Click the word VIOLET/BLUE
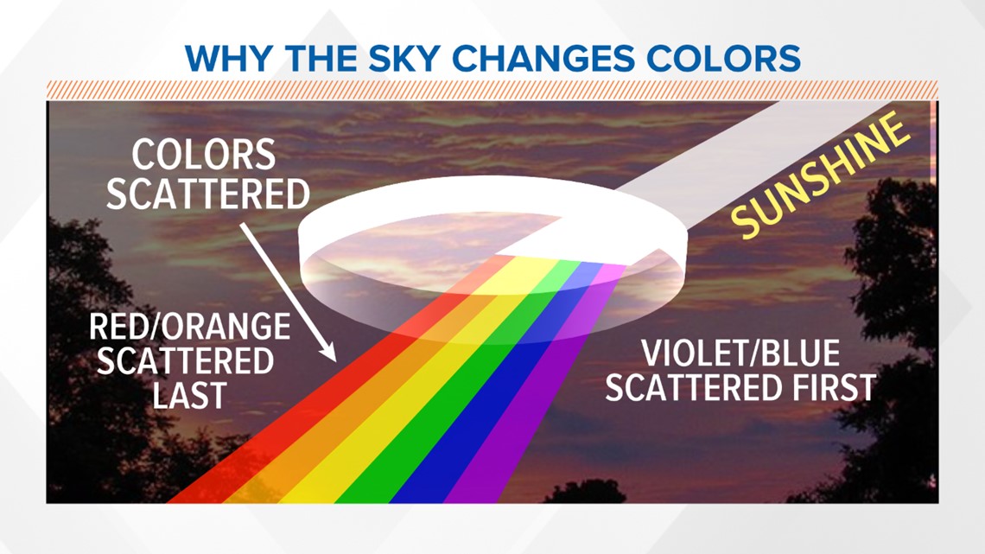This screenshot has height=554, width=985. (x=740, y=355)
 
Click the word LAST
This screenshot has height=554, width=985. (x=190, y=395)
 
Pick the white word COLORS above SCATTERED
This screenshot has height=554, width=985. (x=204, y=156)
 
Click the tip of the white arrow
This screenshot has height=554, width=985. (x=334, y=357)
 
